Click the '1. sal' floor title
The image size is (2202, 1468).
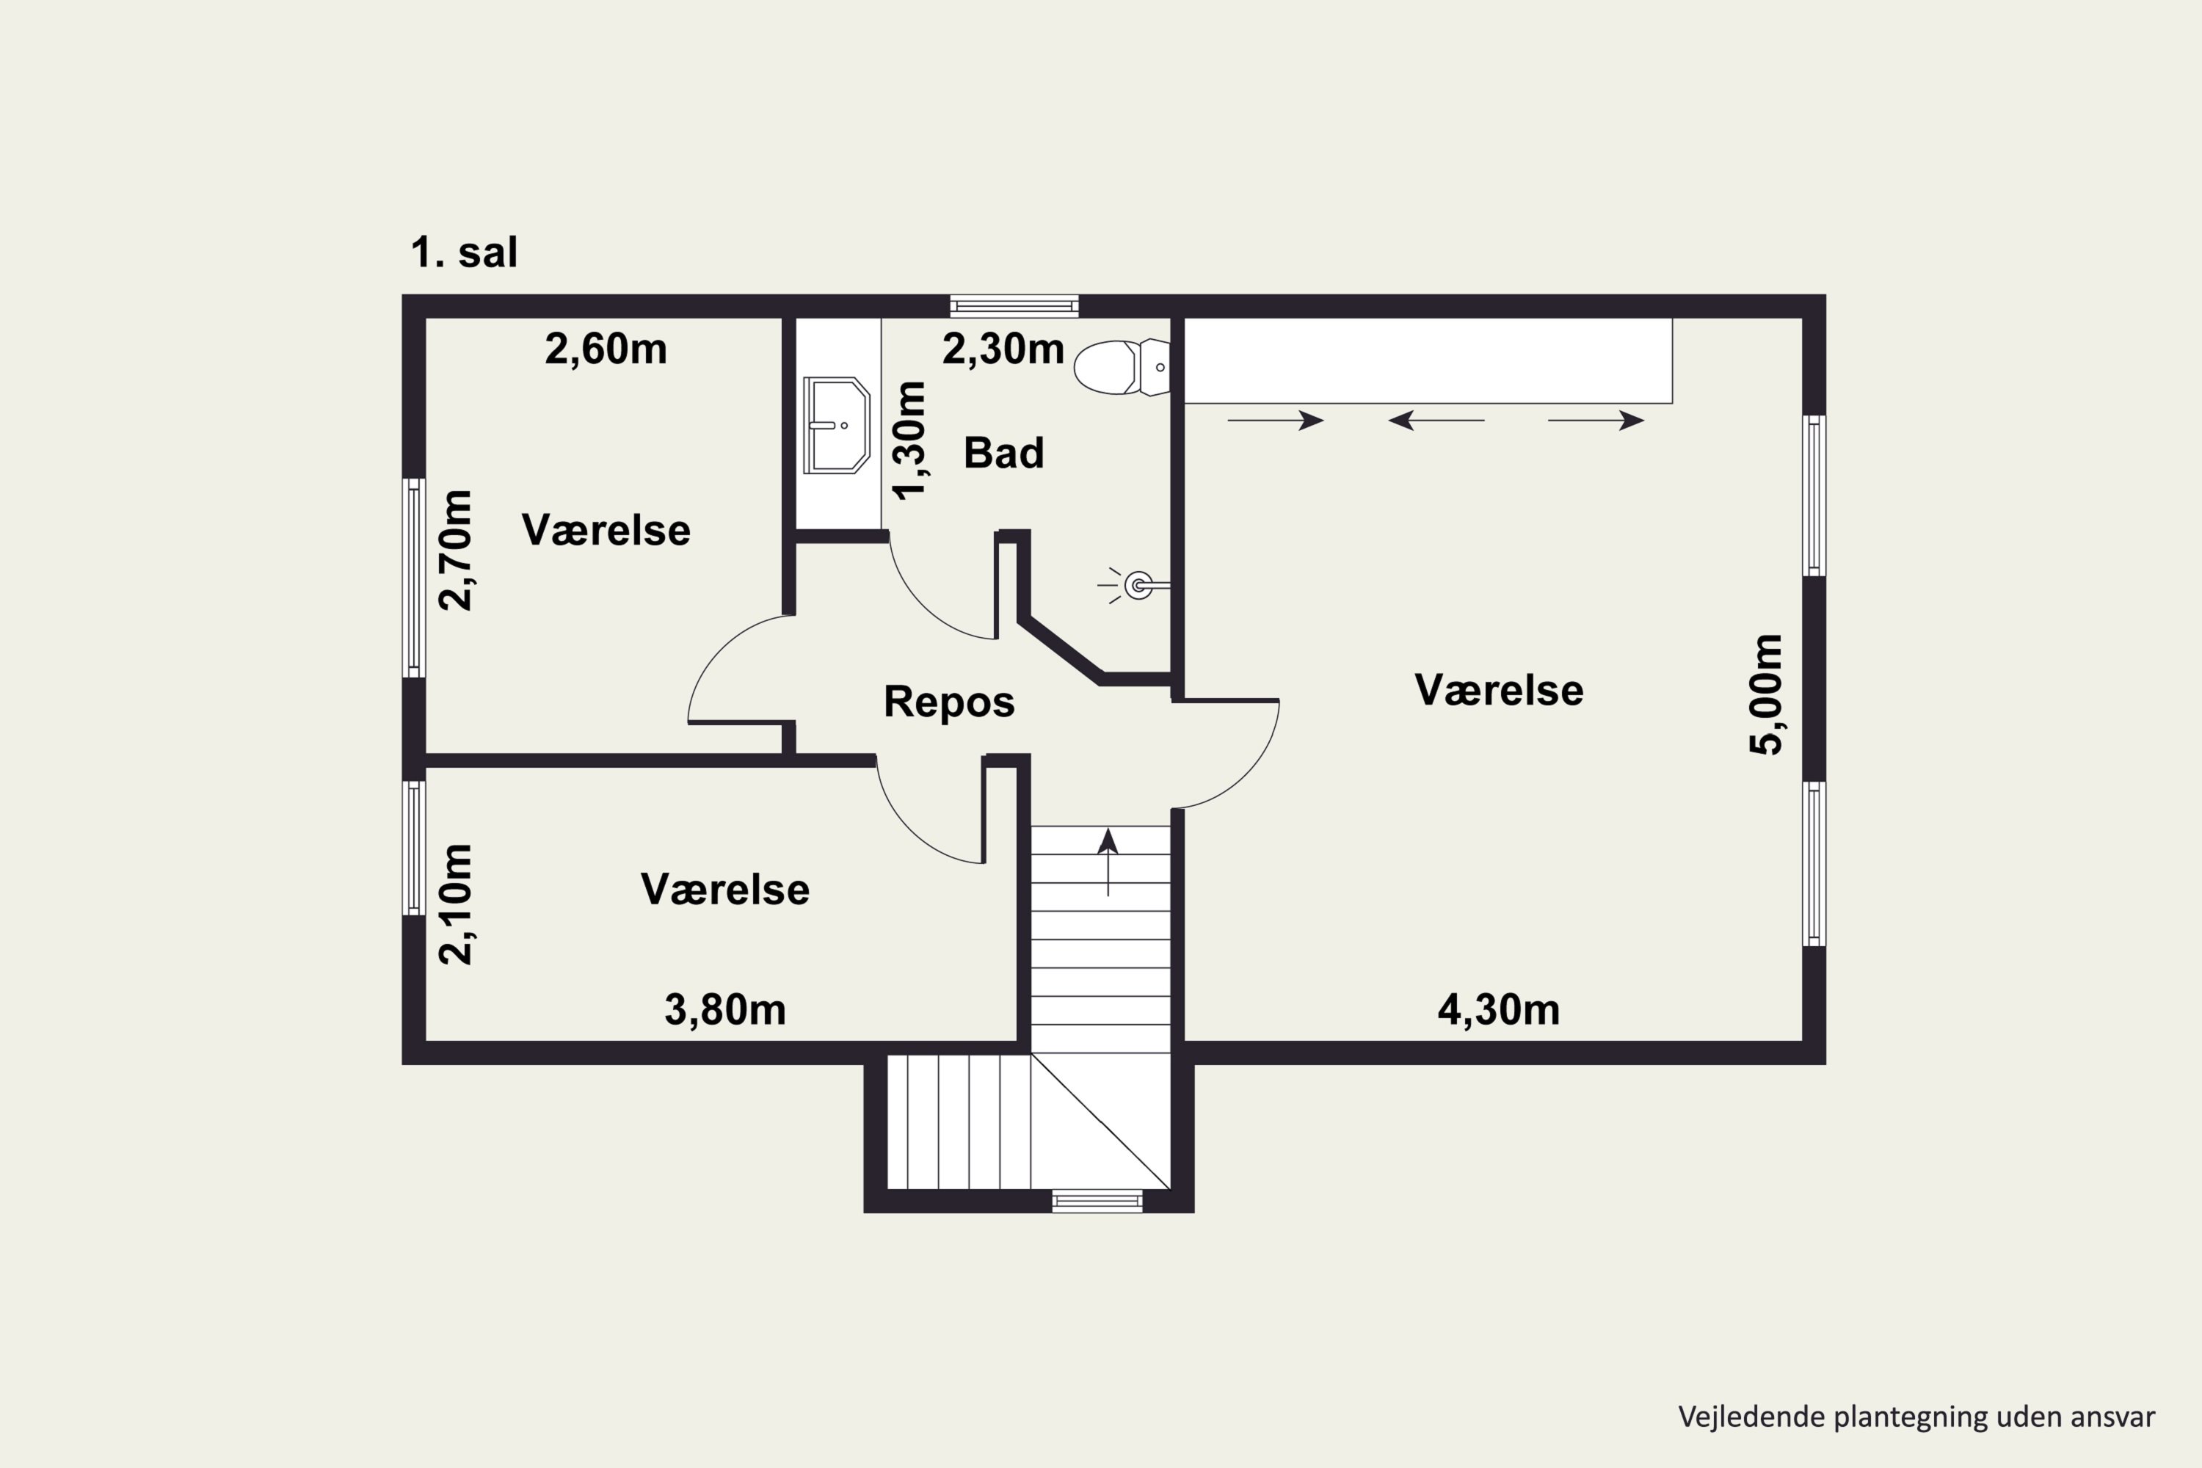click(x=465, y=252)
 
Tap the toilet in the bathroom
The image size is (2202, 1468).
click(x=1122, y=367)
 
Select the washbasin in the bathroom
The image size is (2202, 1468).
click(x=836, y=425)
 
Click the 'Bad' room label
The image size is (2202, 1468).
click(x=1003, y=453)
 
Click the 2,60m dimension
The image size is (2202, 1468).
click(x=606, y=349)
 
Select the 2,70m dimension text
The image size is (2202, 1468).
click(x=456, y=550)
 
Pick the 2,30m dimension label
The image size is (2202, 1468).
click(x=1003, y=349)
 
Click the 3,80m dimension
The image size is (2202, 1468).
click(x=724, y=1010)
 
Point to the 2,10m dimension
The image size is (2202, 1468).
click(x=456, y=904)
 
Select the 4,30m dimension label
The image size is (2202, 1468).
click(x=1498, y=1010)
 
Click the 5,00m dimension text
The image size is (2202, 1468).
click(x=1767, y=694)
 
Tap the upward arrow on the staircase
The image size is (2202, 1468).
click(x=1108, y=861)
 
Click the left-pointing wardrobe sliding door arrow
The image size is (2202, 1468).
click(x=1435, y=421)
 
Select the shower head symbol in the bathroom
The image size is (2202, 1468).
click(x=1135, y=586)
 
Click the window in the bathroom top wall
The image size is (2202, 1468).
click(x=1014, y=305)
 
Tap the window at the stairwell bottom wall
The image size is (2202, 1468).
click(x=1097, y=1200)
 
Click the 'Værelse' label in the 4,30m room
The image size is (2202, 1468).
click(x=1499, y=691)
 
